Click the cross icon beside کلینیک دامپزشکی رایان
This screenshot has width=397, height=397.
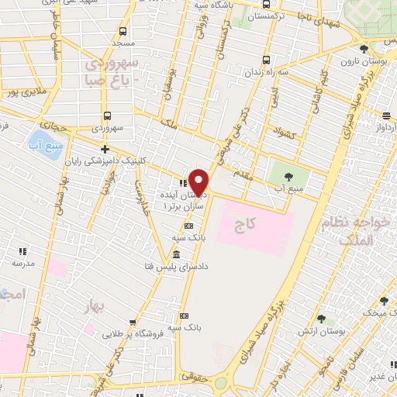105,149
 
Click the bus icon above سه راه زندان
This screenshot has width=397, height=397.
267,59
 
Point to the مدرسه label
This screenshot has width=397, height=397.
22,264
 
